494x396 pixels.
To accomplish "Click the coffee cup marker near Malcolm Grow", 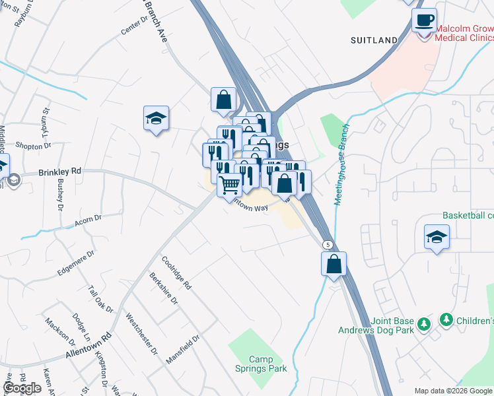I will tap(424, 19).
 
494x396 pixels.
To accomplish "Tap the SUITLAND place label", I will tap(374, 40).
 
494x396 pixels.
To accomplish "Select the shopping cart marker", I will tap(229, 185).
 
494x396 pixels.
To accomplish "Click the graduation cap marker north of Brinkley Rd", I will tap(157, 119).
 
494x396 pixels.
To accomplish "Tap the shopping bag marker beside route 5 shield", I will tap(334, 264).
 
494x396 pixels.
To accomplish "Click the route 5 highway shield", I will tap(328, 244).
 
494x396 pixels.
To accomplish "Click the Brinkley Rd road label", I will tap(59, 171).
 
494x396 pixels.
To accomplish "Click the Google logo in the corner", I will tap(22, 388).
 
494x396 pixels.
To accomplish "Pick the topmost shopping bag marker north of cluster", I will tap(224, 100).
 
